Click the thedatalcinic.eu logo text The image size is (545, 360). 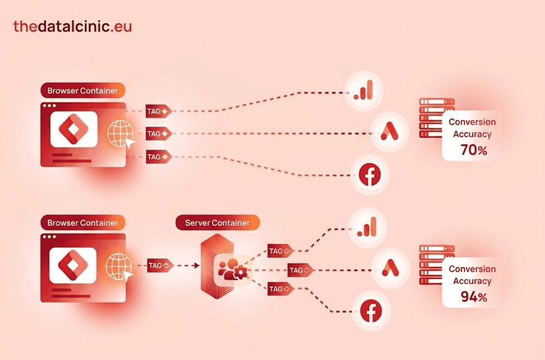[x=72, y=26]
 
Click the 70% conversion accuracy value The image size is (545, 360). [x=474, y=150]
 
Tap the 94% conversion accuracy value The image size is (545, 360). [x=474, y=297]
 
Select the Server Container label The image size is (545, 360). [x=217, y=223]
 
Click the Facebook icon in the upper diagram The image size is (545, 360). [x=370, y=175]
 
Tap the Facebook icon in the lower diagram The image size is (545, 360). [x=371, y=311]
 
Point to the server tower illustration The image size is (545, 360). [x=217, y=266]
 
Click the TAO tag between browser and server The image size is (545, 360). [x=160, y=265]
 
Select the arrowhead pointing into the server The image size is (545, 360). [x=197, y=265]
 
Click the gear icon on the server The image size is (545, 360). [x=241, y=273]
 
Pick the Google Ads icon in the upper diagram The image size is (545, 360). [x=389, y=132]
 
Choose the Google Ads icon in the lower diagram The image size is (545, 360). [x=390, y=268]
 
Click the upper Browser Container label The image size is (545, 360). [x=83, y=90]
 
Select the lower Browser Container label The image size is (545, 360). [x=83, y=223]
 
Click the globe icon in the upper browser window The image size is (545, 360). [x=120, y=134]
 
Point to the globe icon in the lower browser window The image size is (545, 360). [x=119, y=266]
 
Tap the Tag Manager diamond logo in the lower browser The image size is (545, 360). [x=73, y=265]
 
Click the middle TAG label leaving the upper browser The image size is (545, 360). [x=158, y=134]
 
